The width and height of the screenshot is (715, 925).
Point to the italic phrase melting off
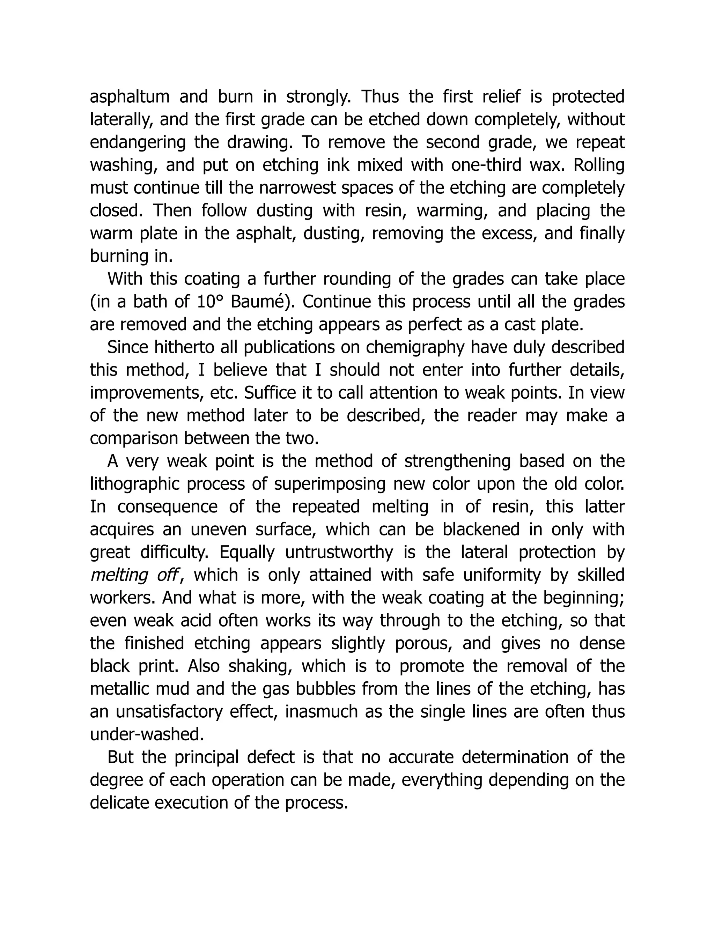[133, 575]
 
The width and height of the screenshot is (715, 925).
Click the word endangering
[138, 142]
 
